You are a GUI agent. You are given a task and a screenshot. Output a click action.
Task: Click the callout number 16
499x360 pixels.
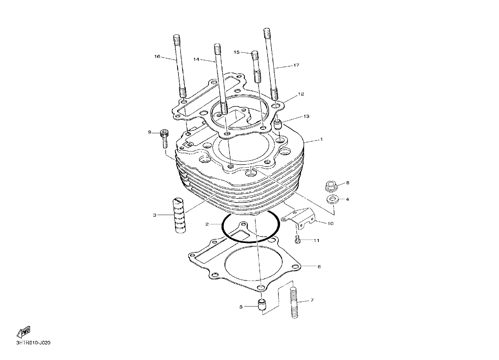pyautogui.click(x=157, y=57)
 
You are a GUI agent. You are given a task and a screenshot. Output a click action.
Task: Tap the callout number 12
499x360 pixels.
pyautogui.click(x=301, y=94)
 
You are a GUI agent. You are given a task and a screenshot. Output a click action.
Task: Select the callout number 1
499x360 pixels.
pyautogui.click(x=322, y=139)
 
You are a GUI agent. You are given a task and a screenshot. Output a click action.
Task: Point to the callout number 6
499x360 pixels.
pyautogui.click(x=319, y=266)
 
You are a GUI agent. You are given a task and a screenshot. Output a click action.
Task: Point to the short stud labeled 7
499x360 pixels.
pyautogui.click(x=294, y=303)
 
